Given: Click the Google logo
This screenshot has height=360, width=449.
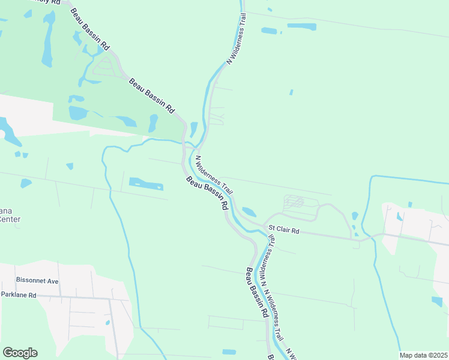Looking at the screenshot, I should tap(20, 353).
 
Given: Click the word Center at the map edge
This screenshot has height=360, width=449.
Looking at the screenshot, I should tap(10, 220).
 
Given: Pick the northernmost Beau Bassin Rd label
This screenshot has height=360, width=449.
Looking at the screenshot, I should tap(90, 29).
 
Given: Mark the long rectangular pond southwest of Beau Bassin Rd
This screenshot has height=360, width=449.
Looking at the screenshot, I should tap(146, 184).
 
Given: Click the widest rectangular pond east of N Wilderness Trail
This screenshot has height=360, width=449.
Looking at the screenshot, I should tap(301, 26).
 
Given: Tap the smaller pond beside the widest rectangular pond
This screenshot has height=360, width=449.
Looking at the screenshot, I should tap(269, 31).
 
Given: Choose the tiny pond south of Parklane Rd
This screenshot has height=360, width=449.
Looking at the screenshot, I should tap(107, 323).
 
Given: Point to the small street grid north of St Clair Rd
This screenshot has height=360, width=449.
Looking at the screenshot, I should tap(294, 202).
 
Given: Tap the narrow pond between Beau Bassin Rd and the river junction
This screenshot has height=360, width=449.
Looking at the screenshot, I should tap(194, 128).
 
